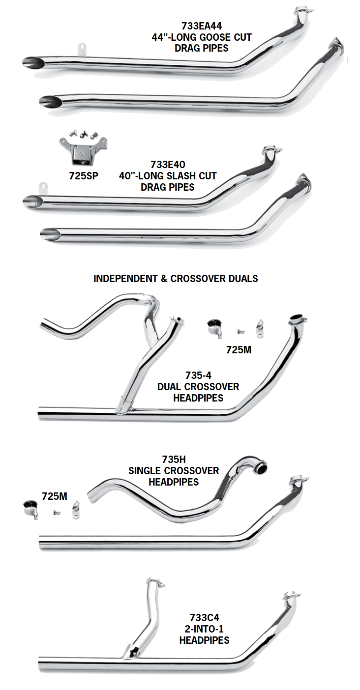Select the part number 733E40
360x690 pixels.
(x=168, y=165)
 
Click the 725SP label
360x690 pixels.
(x=83, y=176)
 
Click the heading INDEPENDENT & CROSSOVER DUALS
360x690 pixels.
(x=176, y=279)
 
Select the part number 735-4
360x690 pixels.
(x=198, y=375)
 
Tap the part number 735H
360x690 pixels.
(x=174, y=460)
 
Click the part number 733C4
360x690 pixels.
(x=204, y=618)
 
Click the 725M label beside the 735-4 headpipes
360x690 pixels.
(x=240, y=350)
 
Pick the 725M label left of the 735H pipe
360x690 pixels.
(x=54, y=496)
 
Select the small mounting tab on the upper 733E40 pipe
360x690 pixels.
(x=42, y=187)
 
